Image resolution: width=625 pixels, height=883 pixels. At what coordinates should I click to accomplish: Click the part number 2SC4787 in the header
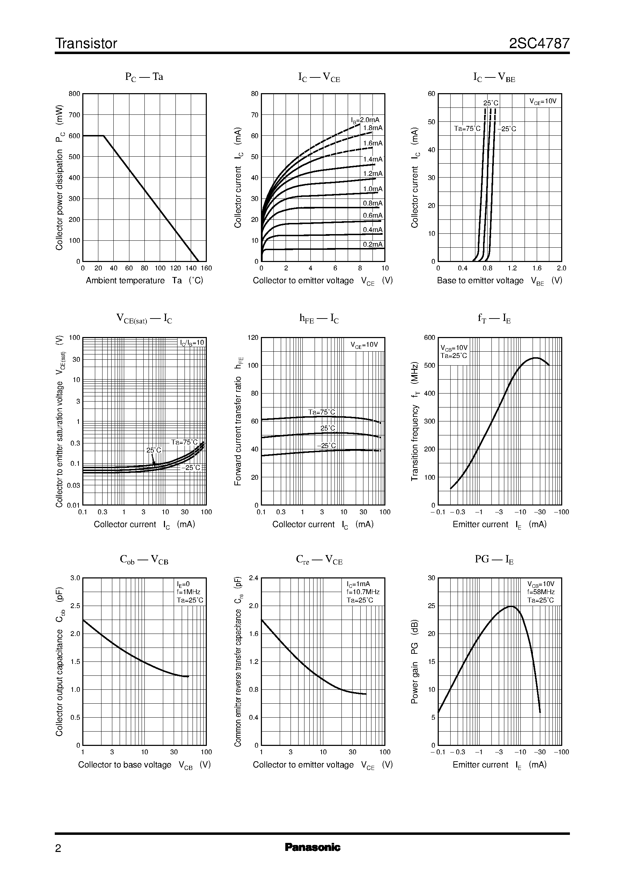(539, 44)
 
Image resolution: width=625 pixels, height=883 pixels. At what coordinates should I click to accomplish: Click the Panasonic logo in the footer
(312, 847)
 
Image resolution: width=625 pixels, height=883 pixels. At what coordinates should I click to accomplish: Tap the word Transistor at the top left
(86, 44)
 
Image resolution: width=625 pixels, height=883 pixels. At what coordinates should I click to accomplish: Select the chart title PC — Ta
(144, 77)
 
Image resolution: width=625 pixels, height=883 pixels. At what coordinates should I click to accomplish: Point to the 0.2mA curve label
(372, 245)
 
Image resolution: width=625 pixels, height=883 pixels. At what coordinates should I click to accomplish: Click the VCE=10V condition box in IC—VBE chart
(543, 101)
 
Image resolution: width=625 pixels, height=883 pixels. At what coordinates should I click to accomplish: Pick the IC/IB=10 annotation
(192, 343)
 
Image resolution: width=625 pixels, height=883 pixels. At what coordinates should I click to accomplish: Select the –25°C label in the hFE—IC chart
(326, 446)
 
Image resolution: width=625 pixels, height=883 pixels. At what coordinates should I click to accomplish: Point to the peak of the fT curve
(535, 358)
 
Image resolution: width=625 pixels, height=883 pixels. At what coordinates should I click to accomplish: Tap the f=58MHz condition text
(541, 592)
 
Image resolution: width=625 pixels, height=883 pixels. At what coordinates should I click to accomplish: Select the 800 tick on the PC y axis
(74, 93)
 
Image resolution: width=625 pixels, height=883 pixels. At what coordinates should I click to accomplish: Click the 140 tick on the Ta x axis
(191, 268)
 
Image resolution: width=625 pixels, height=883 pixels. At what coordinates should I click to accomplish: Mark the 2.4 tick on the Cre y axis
(254, 578)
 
